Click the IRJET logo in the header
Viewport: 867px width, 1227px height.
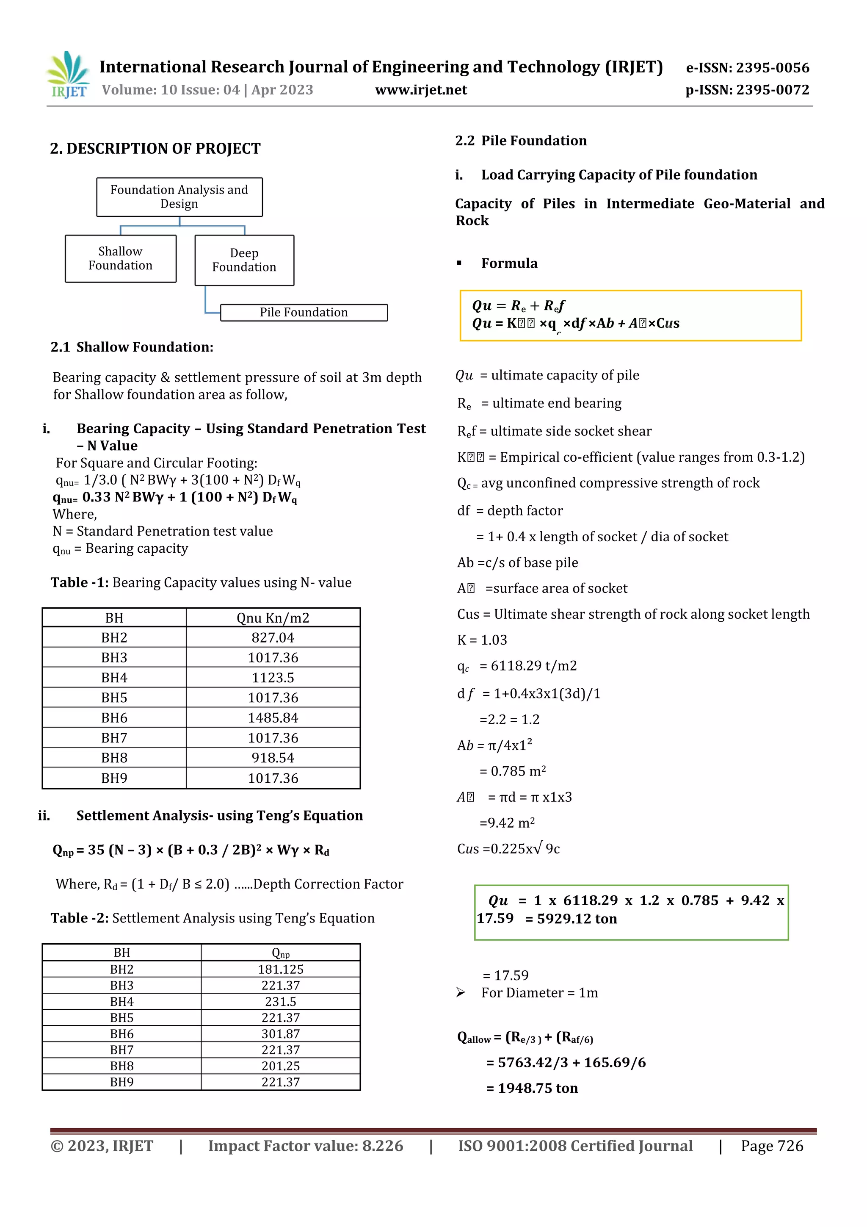point(68,75)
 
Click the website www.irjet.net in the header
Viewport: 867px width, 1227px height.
point(421,90)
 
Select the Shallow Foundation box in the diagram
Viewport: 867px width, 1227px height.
point(121,259)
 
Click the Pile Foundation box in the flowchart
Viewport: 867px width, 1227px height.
point(304,313)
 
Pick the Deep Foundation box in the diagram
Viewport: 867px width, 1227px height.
point(244,260)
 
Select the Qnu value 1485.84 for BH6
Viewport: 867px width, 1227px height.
point(273,718)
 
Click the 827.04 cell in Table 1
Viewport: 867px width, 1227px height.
point(273,637)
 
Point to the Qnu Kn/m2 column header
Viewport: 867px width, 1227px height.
point(273,618)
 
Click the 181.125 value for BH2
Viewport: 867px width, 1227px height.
point(280,969)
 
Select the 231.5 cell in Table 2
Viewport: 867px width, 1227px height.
point(280,1002)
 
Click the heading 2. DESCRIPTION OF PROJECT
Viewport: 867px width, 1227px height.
point(155,149)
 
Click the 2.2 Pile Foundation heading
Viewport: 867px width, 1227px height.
point(521,141)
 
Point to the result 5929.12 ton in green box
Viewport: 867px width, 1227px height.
point(577,919)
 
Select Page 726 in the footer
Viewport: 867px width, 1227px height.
point(771,1146)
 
